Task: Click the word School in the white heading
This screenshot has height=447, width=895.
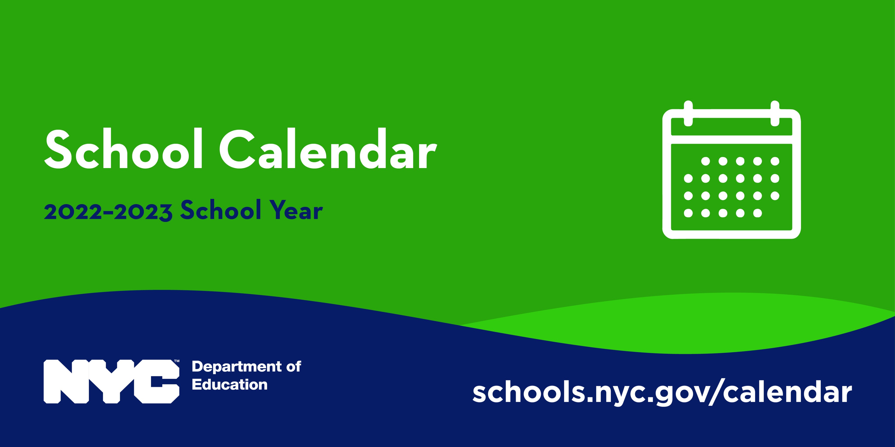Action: click(123, 149)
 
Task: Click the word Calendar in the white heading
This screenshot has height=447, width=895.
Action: click(328, 149)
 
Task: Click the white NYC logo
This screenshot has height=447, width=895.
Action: click(111, 381)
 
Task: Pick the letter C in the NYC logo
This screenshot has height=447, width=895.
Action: click(158, 381)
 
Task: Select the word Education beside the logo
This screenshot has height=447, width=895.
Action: click(230, 385)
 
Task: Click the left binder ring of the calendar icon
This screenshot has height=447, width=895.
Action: click(688, 113)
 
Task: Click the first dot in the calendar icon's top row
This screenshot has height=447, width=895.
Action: click(705, 161)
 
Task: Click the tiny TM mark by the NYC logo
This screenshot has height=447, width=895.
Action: click(177, 361)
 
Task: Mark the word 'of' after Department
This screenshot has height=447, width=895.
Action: click(294, 366)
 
